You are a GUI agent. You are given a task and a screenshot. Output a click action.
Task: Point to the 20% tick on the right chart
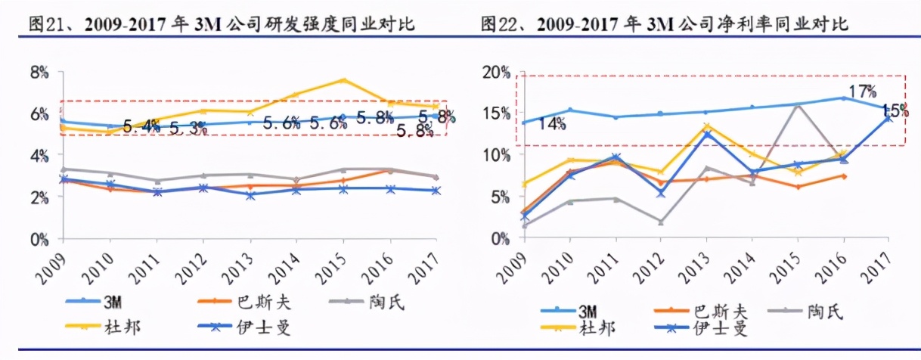497,73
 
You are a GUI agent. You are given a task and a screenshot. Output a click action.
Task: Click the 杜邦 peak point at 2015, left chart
343,79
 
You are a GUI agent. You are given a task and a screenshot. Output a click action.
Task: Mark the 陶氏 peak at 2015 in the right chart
797,105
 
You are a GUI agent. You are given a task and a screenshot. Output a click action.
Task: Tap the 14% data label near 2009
552,124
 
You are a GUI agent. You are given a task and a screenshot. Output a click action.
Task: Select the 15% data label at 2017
895,111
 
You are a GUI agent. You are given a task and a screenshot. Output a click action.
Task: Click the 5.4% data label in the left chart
140,124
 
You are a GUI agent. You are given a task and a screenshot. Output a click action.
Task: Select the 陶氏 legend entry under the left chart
389,303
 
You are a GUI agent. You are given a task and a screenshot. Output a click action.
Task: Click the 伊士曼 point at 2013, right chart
705,133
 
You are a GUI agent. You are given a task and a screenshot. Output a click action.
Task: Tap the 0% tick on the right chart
501,238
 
